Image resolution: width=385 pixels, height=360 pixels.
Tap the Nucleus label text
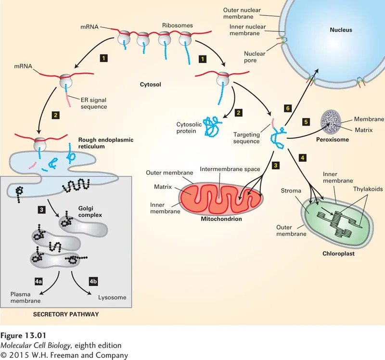point(341,30)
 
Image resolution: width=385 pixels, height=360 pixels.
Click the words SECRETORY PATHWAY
point(66,315)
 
